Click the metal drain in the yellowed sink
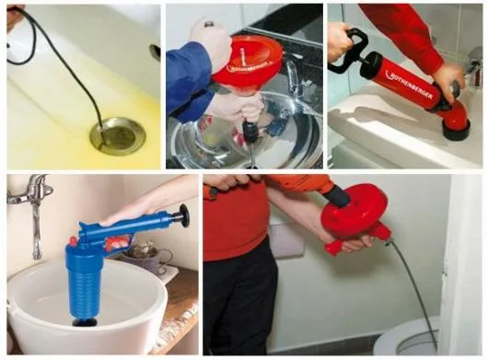tap(117, 134)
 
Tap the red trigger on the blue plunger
tap(118, 244)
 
